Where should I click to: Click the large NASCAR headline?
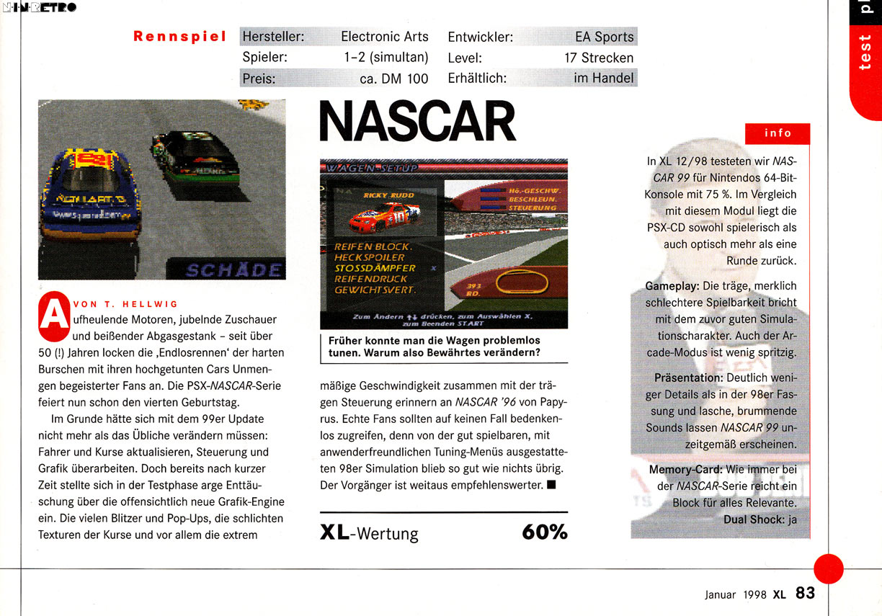pos(417,122)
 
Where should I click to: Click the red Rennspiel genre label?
pos(179,37)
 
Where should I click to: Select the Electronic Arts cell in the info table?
pos(384,37)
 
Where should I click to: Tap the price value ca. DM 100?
pos(393,79)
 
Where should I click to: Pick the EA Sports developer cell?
pos(604,37)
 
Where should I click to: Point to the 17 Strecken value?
pos(599,58)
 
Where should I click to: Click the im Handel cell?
pos(603,78)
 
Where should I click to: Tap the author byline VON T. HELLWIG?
pos(125,303)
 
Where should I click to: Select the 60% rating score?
pos(544,532)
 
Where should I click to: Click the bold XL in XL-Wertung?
pos(334,533)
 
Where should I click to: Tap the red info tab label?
pos(778,133)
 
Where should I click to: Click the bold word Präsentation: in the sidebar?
pos(688,378)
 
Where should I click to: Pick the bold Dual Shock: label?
pos(753,519)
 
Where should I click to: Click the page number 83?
pos(805,593)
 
